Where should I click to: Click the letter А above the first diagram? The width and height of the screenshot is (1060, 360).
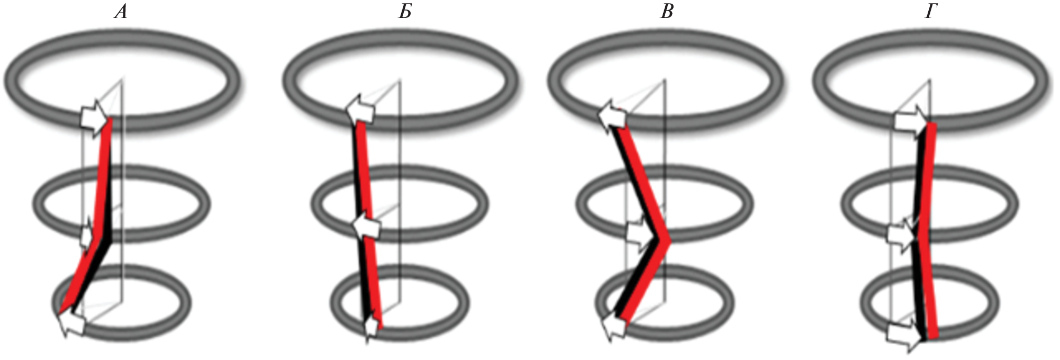coord(121,12)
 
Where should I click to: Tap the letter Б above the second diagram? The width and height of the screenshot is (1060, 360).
coord(405,12)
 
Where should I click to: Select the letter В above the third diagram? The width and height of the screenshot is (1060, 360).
coord(667,12)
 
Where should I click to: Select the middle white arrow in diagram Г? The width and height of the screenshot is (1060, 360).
coord(901,234)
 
